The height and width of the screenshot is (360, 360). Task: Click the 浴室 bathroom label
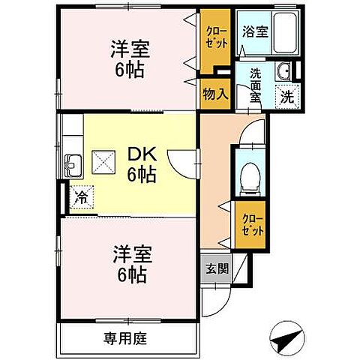click(255, 32)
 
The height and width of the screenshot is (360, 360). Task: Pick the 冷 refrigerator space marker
click(79, 198)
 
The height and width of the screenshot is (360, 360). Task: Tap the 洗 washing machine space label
click(287, 96)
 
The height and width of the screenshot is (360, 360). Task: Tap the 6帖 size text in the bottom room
click(130, 272)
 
